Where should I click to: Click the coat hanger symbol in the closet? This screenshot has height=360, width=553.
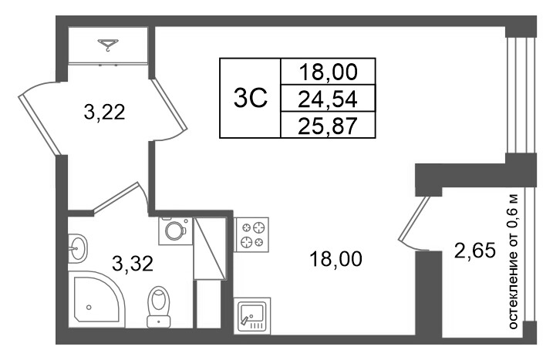108,45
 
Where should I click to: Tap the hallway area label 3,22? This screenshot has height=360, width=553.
104,113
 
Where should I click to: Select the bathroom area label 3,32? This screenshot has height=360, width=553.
133,264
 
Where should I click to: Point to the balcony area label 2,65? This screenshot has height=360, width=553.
475,251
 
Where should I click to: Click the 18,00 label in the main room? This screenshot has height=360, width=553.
336,259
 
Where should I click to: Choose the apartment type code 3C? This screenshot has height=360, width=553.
251,98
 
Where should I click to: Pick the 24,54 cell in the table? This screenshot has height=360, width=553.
328,99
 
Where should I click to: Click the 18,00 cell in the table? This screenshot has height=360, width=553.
328,72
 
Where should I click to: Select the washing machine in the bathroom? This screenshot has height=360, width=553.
175,231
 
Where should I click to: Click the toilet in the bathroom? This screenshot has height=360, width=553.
159,307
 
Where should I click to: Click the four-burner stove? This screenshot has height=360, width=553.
251,234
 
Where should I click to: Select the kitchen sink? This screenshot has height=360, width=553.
251,315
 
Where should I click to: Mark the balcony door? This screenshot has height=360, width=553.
415,223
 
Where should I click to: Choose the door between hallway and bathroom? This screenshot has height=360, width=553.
120,198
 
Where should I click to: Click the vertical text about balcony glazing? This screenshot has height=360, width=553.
514,261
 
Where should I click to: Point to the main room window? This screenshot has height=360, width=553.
521,95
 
